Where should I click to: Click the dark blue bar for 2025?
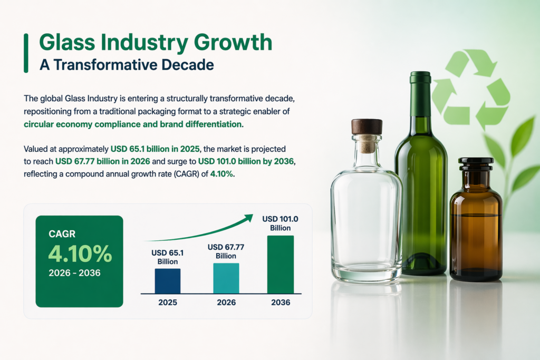[x=168, y=281]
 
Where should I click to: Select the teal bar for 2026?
[x=226, y=278]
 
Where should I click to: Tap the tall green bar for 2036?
[x=280, y=264]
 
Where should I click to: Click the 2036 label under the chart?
[x=280, y=303]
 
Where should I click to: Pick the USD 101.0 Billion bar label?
[x=280, y=223]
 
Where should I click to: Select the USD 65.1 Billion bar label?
[x=168, y=257]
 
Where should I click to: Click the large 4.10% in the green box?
[x=80, y=254]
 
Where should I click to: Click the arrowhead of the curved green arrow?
[x=248, y=218]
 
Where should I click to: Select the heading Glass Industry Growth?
[x=156, y=43]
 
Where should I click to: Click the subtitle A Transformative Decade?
[x=127, y=65]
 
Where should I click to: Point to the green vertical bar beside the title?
[x=26, y=53]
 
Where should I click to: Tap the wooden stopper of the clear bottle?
[x=367, y=127]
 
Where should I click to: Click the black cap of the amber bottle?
[x=476, y=163]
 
